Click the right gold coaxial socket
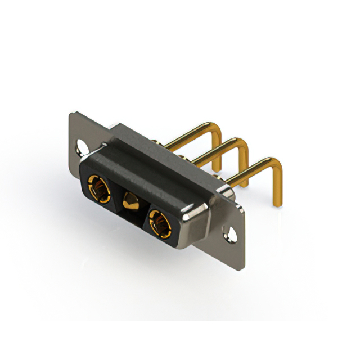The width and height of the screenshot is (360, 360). click(x=160, y=221)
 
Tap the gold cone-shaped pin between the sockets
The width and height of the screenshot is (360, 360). click(x=130, y=201)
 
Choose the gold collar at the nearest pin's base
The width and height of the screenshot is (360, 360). click(x=223, y=183)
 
